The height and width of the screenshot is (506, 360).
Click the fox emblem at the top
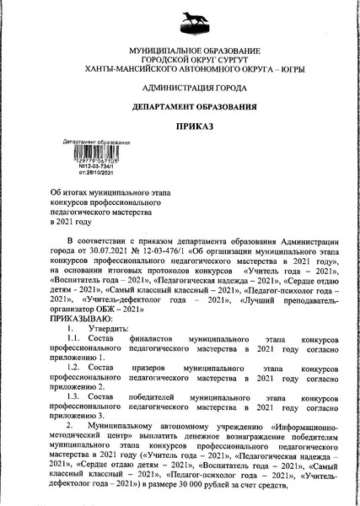(x=180, y=23)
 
